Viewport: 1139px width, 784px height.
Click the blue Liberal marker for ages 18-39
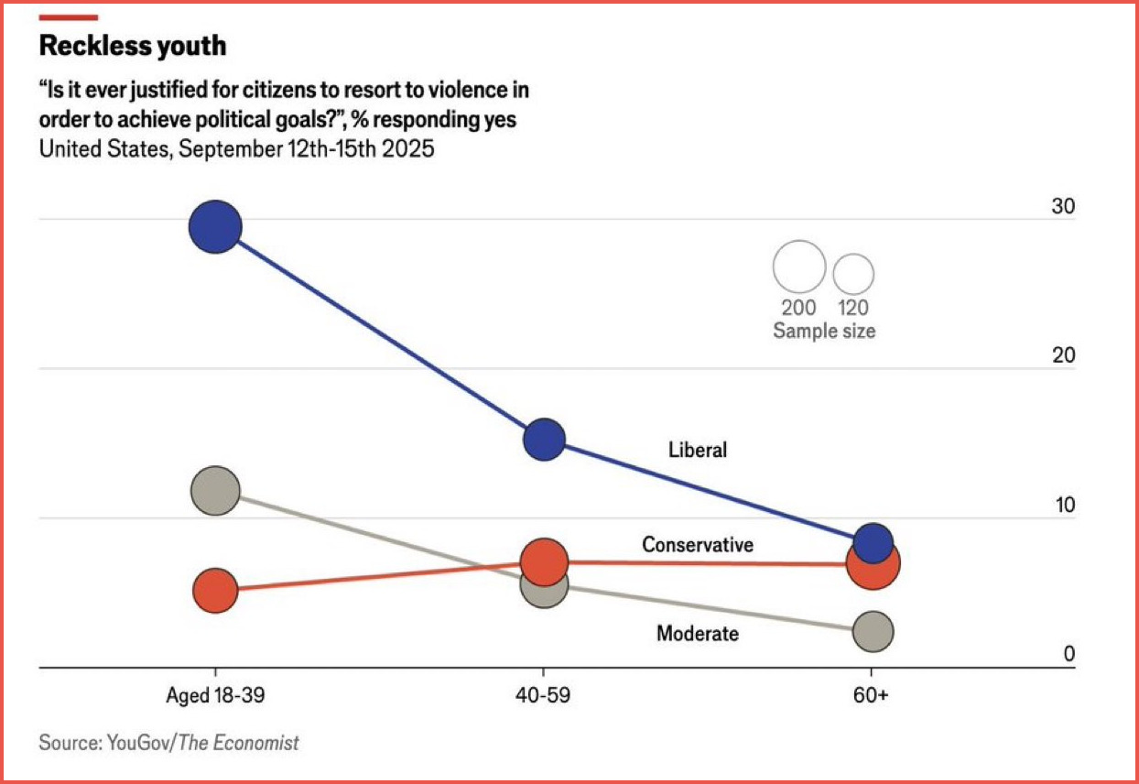tap(215, 227)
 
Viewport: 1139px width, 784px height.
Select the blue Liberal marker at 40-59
tap(544, 440)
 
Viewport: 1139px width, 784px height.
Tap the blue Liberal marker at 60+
tap(873, 541)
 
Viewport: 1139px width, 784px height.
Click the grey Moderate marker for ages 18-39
tap(215, 490)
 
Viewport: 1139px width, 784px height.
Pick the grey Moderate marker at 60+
tap(873, 631)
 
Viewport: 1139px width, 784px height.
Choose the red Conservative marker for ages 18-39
tap(215, 591)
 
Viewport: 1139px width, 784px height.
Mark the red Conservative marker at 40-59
tap(545, 561)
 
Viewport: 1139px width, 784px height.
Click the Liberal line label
tap(698, 450)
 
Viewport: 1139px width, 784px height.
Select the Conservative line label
tap(698, 545)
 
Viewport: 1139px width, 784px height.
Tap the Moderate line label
tap(698, 633)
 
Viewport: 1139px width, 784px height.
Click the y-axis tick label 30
tap(1063, 207)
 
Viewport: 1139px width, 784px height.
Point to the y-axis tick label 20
tap(1063, 356)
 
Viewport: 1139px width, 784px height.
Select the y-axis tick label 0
tap(1068, 655)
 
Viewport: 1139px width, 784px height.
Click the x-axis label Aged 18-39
tap(215, 696)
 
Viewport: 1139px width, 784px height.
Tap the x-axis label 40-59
tap(544, 696)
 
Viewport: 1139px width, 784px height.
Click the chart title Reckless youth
tap(133, 46)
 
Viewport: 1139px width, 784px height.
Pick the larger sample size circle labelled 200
tap(799, 267)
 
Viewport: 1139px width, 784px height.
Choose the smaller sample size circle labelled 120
tap(853, 272)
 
